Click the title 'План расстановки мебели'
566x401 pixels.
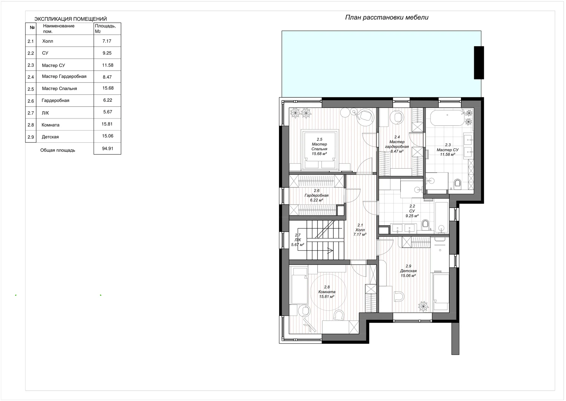[x=386, y=17]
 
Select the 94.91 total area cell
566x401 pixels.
[x=108, y=148]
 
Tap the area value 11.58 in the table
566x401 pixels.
[x=108, y=65]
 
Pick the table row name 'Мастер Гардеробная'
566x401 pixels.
[x=64, y=77]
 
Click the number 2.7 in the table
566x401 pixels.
[x=31, y=113]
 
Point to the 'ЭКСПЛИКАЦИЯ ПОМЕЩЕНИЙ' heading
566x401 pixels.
[x=70, y=19]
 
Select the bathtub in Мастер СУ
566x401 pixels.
[x=447, y=117]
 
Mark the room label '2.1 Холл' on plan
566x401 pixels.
[x=360, y=230]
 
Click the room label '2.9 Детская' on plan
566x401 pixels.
[x=408, y=271]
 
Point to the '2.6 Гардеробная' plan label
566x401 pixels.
[x=316, y=195]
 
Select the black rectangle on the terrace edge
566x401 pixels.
[x=479, y=63]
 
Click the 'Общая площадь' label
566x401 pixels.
[x=58, y=150]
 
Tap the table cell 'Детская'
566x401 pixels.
[x=50, y=137]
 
